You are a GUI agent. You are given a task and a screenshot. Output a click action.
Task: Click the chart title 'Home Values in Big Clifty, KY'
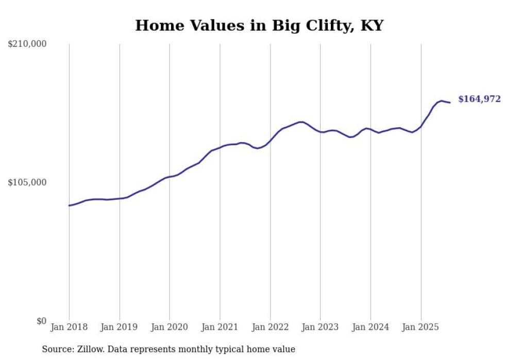[x=259, y=26]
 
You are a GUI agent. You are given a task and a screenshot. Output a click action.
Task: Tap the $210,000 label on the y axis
[x=27, y=44]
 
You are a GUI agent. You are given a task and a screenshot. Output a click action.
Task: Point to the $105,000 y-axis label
[x=27, y=182]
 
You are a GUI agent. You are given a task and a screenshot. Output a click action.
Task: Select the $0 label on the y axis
[x=42, y=321]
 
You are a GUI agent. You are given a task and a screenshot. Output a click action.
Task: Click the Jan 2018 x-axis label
[x=69, y=327]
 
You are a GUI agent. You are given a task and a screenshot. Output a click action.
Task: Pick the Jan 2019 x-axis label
[x=120, y=327]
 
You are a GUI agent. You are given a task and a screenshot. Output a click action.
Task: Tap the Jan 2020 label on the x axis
[x=170, y=327]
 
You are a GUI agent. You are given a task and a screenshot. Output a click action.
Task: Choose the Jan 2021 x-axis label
[x=220, y=327]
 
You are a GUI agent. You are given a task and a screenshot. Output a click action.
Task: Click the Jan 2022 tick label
[x=270, y=327]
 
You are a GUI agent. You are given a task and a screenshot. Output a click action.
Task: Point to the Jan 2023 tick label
[x=321, y=327]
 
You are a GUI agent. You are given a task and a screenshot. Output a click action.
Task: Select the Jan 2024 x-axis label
[x=371, y=327]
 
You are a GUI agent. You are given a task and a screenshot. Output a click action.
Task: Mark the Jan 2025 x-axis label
[x=421, y=327]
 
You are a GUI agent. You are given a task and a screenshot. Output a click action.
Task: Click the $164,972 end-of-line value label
[x=479, y=99]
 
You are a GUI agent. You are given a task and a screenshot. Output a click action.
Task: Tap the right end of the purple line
[x=450, y=102]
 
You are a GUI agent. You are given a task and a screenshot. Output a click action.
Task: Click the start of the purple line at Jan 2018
[x=69, y=205]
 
